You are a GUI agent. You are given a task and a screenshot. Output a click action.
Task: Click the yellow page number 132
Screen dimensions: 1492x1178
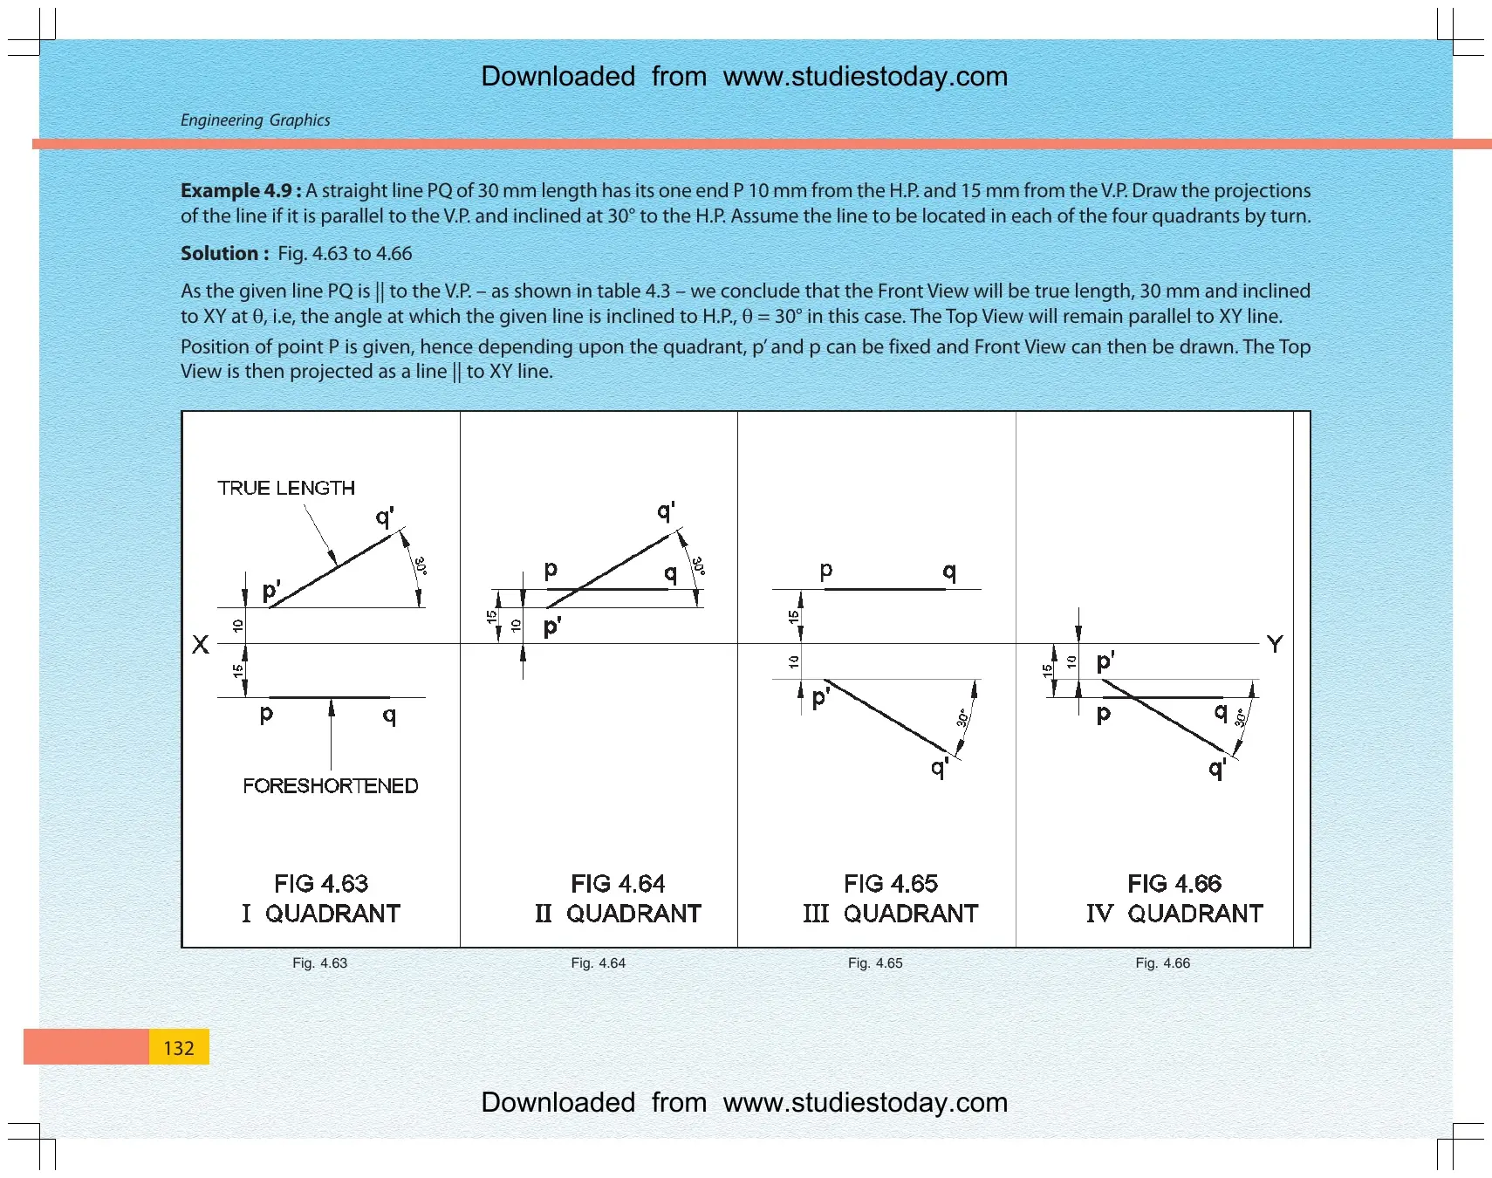tap(179, 1048)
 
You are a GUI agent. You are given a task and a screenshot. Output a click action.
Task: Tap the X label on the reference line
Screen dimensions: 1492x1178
tap(201, 645)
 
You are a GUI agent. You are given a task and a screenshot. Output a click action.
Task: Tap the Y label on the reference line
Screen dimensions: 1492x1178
tap(1275, 644)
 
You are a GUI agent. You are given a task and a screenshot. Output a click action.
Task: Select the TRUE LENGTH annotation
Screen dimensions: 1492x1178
tap(286, 488)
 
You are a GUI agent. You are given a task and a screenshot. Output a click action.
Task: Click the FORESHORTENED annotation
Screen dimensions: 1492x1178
tap(331, 785)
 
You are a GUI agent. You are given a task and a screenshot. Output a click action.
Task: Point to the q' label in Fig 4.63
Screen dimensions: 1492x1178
tap(385, 517)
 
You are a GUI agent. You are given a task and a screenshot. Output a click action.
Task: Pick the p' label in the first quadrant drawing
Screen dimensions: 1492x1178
tap(271, 592)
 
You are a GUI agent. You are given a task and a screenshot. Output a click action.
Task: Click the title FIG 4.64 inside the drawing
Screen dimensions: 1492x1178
tap(618, 884)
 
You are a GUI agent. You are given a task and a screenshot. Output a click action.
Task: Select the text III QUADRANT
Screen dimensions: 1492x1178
tap(891, 914)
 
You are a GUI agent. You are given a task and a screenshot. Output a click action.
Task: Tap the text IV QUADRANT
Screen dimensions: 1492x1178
tap(1174, 914)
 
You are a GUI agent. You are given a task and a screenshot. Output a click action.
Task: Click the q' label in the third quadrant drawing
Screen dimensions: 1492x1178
tap(940, 767)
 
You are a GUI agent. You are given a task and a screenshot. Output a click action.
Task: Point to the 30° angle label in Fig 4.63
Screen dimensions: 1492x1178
tap(420, 565)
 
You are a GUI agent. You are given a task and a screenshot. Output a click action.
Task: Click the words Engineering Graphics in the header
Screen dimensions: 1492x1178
tap(256, 120)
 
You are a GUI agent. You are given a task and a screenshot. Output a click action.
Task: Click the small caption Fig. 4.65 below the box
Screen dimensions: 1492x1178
tap(875, 963)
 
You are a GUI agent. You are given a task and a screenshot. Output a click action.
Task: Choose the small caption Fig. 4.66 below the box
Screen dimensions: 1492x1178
tap(1162, 963)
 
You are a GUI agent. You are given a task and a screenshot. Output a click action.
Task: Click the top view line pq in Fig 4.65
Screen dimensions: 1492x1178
tap(885, 590)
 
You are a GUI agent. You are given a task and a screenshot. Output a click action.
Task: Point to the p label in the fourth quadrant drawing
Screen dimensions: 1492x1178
tap(1104, 715)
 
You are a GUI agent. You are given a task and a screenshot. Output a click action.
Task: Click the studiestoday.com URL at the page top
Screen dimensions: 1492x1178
tap(866, 77)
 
